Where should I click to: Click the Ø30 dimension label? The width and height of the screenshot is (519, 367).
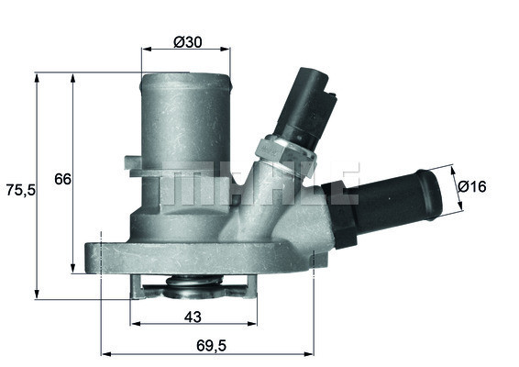(x=188, y=41)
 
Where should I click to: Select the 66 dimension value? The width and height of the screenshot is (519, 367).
(x=61, y=179)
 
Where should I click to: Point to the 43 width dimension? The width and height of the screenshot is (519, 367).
(x=192, y=317)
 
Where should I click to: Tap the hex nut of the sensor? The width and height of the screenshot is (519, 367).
(x=286, y=156)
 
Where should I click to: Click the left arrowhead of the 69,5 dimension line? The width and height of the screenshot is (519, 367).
(x=103, y=352)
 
